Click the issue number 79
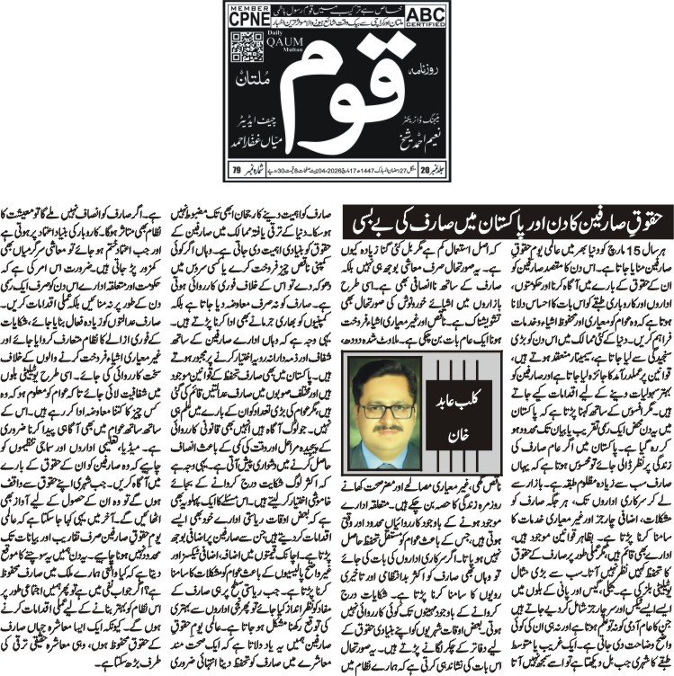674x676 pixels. [235, 167]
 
